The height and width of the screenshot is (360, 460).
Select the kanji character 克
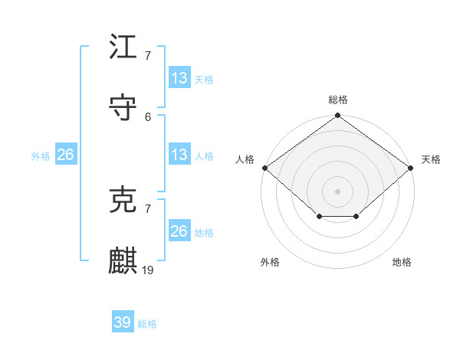click(x=123, y=200)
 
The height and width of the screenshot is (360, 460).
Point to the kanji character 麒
click(x=123, y=261)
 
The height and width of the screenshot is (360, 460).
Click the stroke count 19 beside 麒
click(x=148, y=270)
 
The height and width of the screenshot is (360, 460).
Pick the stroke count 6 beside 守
click(x=148, y=116)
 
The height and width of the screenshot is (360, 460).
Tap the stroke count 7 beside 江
click(x=148, y=55)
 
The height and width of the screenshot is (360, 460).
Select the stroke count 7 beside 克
click(x=148, y=208)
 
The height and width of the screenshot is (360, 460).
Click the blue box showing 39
click(x=123, y=322)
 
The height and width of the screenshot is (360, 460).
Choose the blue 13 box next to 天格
click(x=179, y=77)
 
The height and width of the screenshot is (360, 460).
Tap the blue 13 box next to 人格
click(x=179, y=154)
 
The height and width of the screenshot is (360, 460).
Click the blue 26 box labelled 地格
click(x=179, y=231)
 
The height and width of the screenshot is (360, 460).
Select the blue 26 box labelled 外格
click(x=65, y=154)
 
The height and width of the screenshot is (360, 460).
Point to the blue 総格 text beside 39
click(x=147, y=324)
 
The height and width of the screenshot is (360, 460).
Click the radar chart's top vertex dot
click(x=337, y=116)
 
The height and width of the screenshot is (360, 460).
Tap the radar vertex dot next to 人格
click(x=264, y=168)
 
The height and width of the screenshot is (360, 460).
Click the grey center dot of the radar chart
click(x=337, y=191)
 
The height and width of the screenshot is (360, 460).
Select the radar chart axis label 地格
click(x=402, y=262)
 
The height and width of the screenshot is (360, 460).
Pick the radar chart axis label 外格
click(x=270, y=262)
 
